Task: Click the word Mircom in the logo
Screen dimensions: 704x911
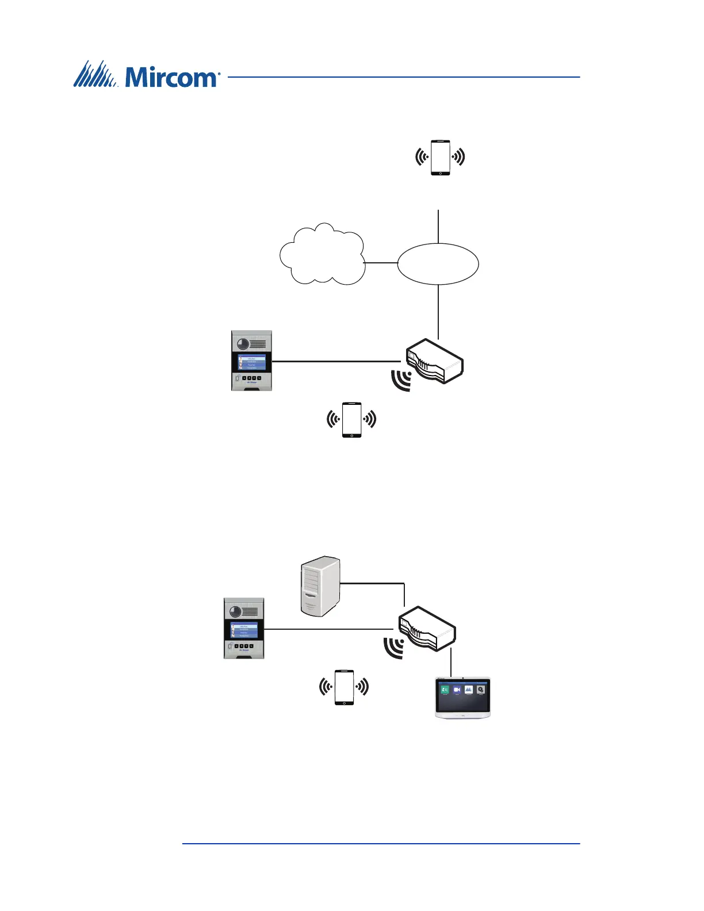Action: click(x=171, y=76)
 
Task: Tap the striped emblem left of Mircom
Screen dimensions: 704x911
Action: click(x=95, y=74)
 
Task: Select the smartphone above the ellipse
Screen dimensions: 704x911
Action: click(x=441, y=157)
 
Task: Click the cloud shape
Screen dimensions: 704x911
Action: click(x=322, y=255)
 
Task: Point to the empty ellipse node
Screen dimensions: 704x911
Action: click(x=438, y=263)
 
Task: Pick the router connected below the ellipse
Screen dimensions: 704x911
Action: click(x=435, y=361)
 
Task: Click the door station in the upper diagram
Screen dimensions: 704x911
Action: click(x=251, y=361)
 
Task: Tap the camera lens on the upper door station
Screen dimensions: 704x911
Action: click(x=242, y=343)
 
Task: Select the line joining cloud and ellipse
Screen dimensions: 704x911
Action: click(x=381, y=263)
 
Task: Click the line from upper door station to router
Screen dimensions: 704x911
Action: click(x=336, y=362)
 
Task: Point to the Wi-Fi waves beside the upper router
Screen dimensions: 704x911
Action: click(x=401, y=380)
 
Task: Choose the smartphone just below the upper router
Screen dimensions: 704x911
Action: click(x=352, y=420)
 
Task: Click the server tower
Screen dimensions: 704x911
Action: click(x=320, y=587)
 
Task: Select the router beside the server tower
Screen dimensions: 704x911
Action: click(x=427, y=629)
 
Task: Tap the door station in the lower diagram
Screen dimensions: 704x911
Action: click(x=244, y=629)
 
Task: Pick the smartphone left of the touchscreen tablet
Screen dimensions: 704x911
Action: click(x=344, y=687)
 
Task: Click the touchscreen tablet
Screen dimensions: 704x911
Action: click(x=463, y=698)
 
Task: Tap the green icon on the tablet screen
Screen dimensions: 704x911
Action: click(x=445, y=690)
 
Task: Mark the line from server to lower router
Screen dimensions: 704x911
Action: click(x=374, y=584)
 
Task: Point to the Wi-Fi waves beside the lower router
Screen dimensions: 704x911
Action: click(x=394, y=648)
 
